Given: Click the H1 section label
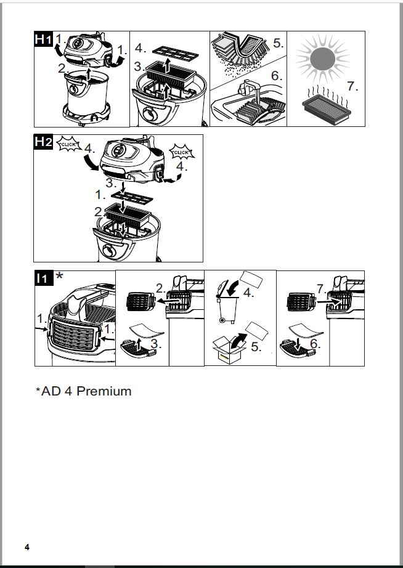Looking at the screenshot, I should point(43,39).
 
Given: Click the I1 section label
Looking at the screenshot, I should point(43,278).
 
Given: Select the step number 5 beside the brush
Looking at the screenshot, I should point(278,44).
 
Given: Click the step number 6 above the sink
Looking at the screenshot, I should point(276,76).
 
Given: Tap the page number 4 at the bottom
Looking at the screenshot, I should point(26,547).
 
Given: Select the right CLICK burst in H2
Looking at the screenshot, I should point(181,152).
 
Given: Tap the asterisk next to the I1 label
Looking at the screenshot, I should point(59,277).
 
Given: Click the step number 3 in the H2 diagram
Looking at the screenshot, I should point(110,183).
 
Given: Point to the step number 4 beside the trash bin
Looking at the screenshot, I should point(248,293).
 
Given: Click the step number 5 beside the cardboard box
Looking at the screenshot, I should point(256,347).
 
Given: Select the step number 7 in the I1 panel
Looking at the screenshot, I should point(320,289).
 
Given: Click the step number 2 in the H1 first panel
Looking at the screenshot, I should point(62,68).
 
